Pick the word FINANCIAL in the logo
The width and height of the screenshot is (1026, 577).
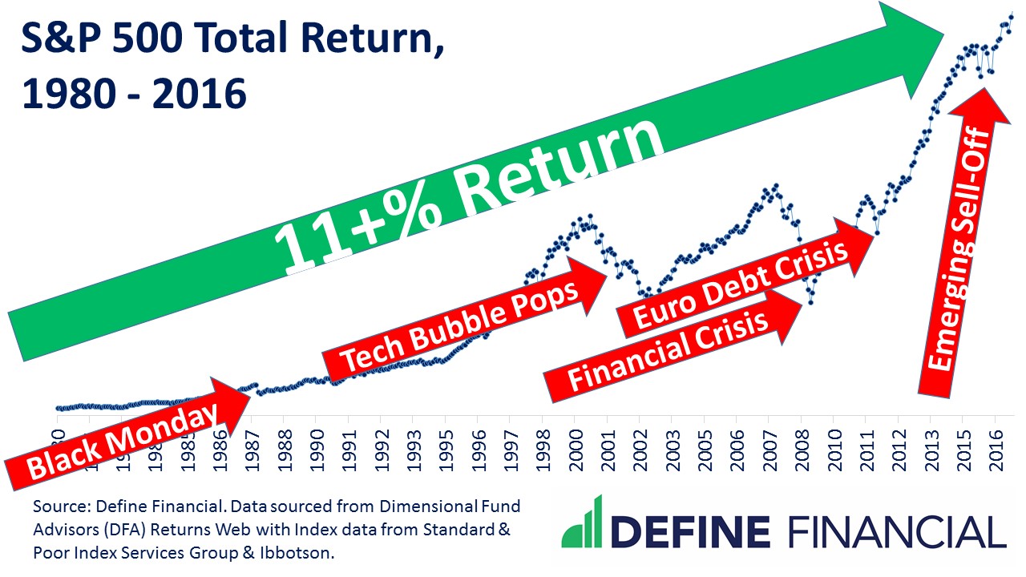(x=897, y=531)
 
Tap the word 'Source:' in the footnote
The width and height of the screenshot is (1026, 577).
(x=58, y=508)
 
